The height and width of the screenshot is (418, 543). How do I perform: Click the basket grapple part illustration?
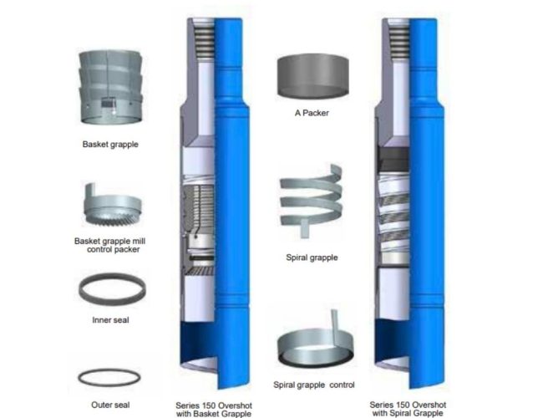110,87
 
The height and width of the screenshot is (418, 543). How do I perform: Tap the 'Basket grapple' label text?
110,144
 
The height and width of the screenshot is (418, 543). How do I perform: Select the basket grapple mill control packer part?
113,206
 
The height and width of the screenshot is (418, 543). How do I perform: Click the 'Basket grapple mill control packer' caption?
110,245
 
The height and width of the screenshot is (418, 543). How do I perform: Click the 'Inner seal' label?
110,320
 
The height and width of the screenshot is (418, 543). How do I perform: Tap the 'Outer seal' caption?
110,405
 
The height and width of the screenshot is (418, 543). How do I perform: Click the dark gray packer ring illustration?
312,76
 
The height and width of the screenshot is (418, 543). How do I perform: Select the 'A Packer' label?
312,113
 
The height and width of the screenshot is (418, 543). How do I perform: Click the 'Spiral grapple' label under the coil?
312,257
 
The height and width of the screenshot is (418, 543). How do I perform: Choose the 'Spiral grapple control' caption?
314,385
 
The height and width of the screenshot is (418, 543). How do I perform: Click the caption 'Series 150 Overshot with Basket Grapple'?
214,410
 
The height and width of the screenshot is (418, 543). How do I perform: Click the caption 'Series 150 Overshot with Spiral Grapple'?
408,409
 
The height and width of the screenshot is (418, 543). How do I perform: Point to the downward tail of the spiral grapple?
304,228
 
